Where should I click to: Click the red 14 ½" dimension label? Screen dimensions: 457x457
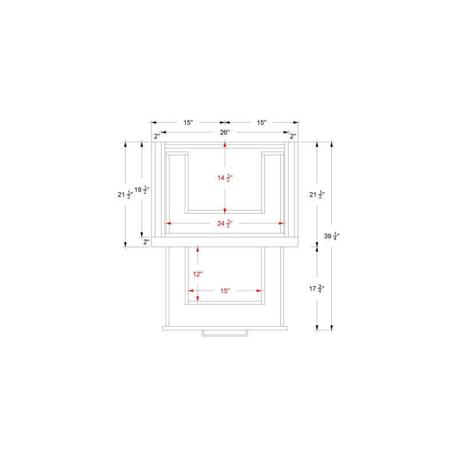[225, 178]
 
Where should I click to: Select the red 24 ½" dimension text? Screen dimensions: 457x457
[225, 223]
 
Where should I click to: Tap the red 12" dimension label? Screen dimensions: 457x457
[197, 274]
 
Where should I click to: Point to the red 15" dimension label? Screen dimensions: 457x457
[225, 291]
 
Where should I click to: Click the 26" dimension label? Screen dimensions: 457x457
[225, 133]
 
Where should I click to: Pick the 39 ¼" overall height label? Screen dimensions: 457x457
[332, 236]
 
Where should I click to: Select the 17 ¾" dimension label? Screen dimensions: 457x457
[317, 288]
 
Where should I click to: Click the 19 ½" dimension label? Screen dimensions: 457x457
[142, 190]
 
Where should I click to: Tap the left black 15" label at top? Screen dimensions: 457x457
[188, 122]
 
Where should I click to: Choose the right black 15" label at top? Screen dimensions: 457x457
[262, 122]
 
